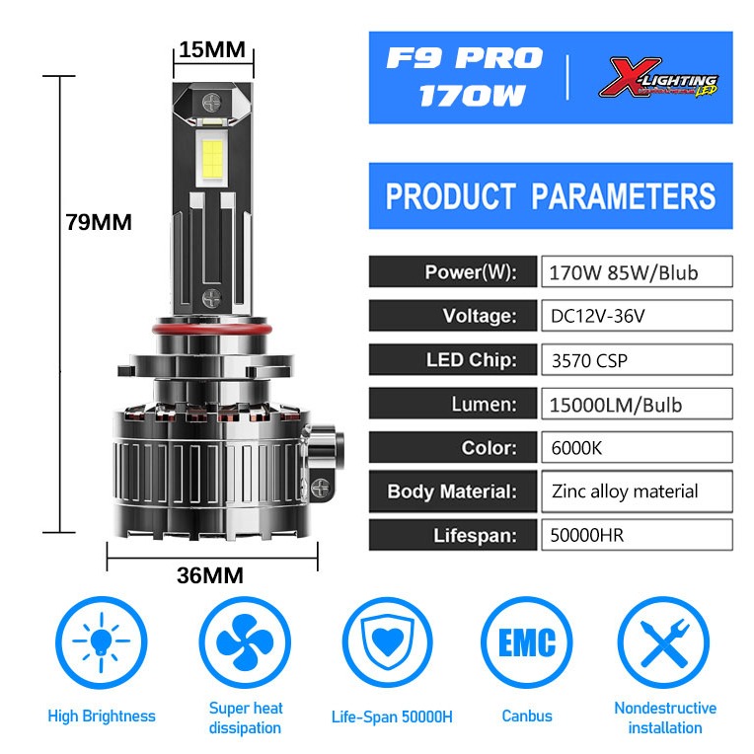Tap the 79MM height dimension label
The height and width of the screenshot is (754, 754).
pyautogui.click(x=99, y=222)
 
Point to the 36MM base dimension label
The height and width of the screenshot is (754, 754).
pyautogui.click(x=209, y=576)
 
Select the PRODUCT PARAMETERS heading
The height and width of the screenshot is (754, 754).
pyautogui.click(x=551, y=195)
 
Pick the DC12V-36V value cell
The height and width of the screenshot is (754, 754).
pyautogui.click(x=637, y=316)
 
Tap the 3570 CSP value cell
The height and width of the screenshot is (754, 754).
pyautogui.click(x=637, y=359)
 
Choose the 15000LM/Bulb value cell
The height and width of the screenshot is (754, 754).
pyautogui.click(x=637, y=404)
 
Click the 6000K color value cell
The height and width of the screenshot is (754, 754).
pyautogui.click(x=637, y=447)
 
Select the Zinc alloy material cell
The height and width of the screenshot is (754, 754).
pyautogui.click(x=637, y=490)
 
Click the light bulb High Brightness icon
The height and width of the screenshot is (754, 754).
pyautogui.click(x=101, y=645)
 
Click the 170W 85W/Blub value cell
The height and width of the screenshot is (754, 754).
pyautogui.click(x=637, y=272)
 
